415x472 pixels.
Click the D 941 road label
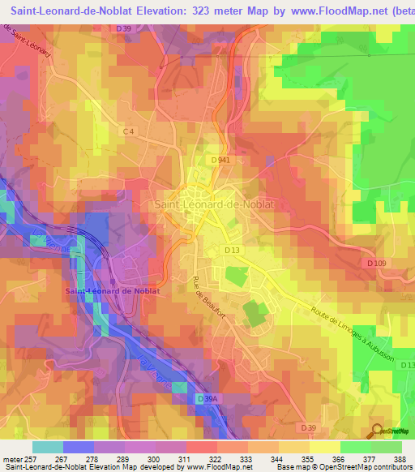pyautogui.click(x=222, y=161)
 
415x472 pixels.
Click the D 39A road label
pyautogui.click(x=207, y=398)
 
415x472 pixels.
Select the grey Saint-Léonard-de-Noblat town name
pyautogui.click(x=214, y=205)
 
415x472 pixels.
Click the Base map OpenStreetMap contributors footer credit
pyautogui.click(x=344, y=467)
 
